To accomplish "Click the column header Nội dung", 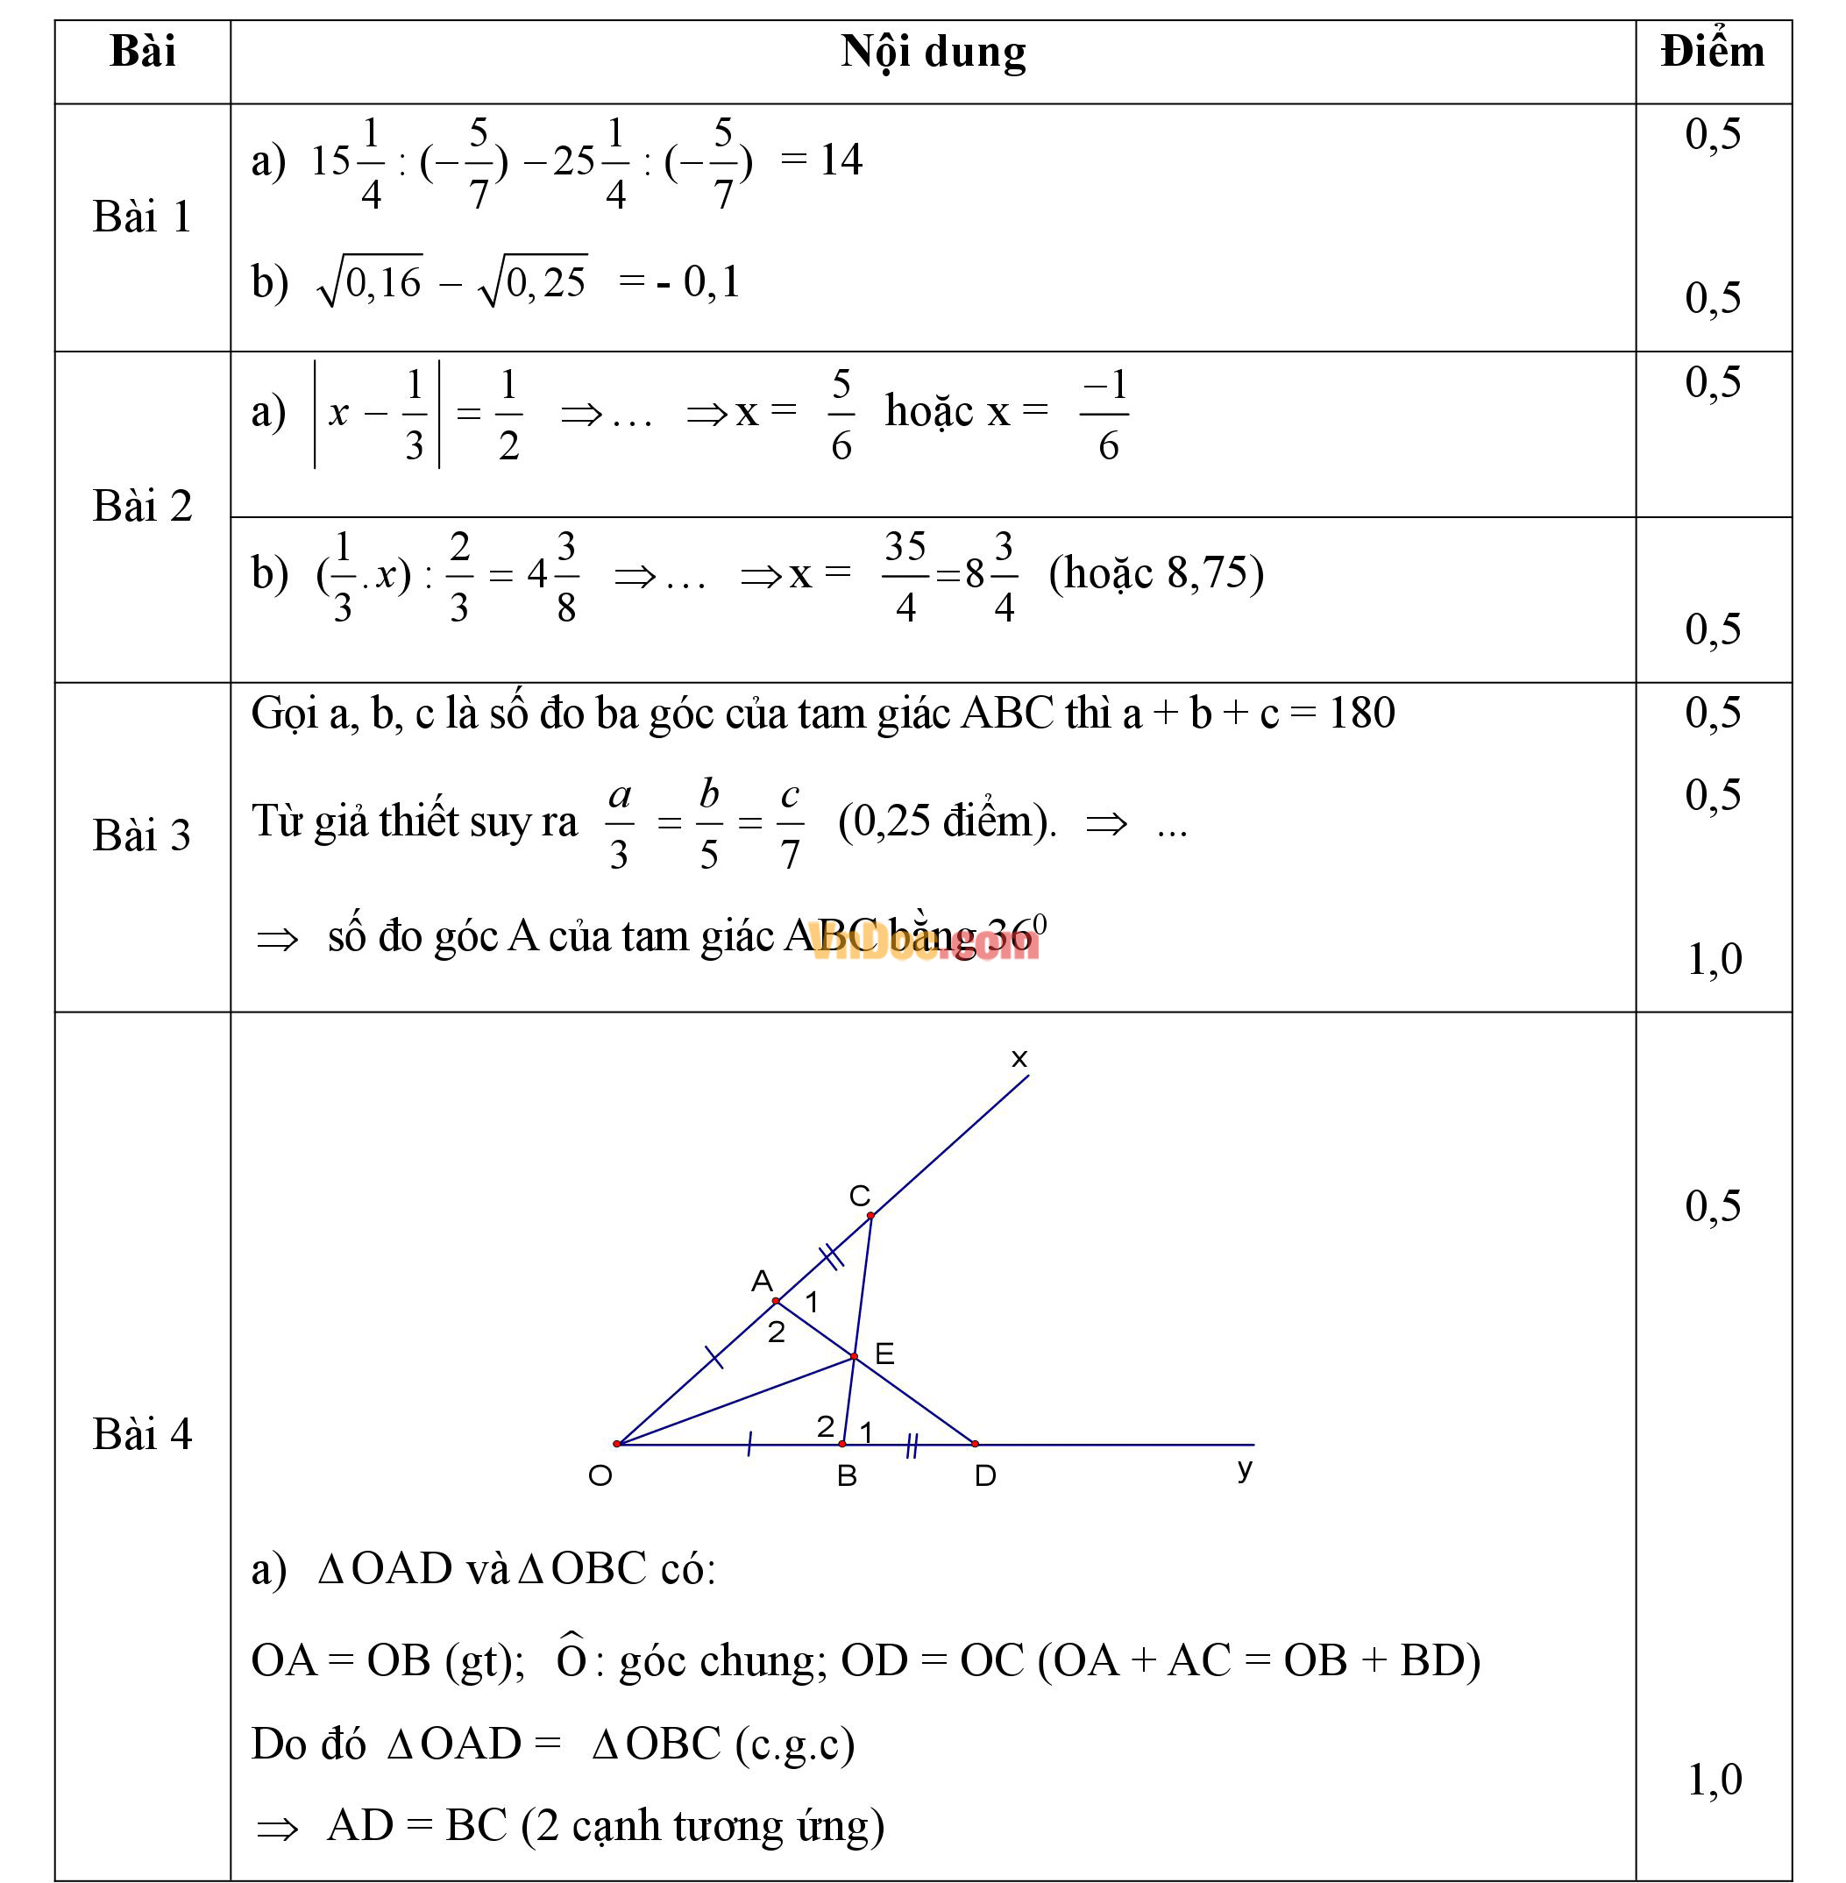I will [x=933, y=53].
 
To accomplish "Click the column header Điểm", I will [x=1712, y=53].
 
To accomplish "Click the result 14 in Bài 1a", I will [x=841, y=160].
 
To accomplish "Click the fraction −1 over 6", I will [x=1105, y=415].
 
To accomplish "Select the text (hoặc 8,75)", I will [x=1155, y=573].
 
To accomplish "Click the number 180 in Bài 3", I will [x=1361, y=714].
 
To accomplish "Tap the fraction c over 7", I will [x=790, y=824].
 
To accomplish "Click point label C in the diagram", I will [x=859, y=1196].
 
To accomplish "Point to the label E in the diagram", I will [x=884, y=1354].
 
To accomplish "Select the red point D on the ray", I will [x=975, y=1444].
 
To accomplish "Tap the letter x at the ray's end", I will [x=1019, y=1058].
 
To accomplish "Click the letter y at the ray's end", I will [x=1245, y=1468].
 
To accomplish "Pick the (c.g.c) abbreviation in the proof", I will [x=795, y=1744].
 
